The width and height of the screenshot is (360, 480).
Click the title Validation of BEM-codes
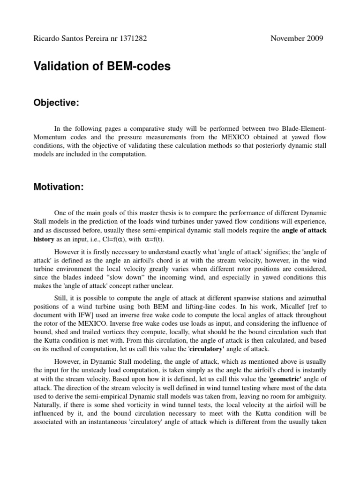coord(102,67)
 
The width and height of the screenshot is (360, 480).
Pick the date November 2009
coord(296,38)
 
